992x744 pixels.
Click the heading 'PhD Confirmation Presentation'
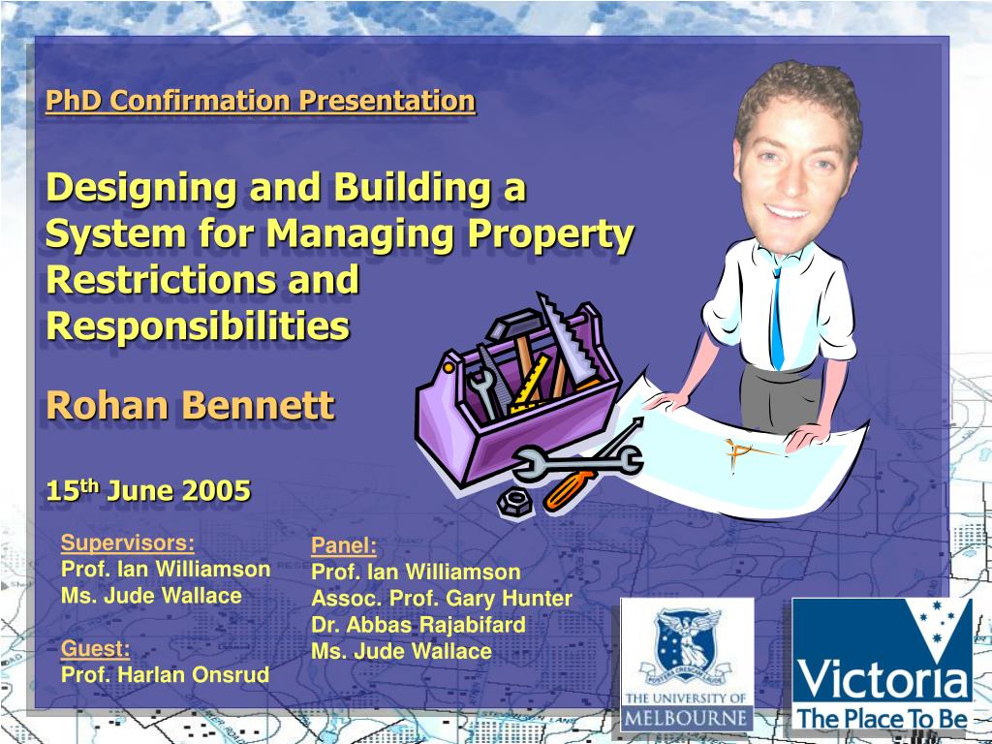click(260, 101)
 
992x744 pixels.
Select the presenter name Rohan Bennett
click(190, 406)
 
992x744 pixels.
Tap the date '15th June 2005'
click(148, 491)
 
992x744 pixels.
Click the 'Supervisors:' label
click(127, 542)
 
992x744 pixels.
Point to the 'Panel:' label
click(343, 545)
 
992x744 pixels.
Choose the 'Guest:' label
click(95, 648)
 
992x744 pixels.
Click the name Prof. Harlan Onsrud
click(165, 675)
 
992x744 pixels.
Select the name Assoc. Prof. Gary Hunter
click(441, 598)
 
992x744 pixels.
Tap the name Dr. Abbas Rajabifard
click(418, 625)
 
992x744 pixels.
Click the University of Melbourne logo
click(686, 665)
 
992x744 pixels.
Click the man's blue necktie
click(776, 319)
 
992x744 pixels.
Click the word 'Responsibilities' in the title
click(198, 326)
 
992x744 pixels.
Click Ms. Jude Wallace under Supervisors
click(151, 596)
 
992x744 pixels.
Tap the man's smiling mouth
click(787, 210)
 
